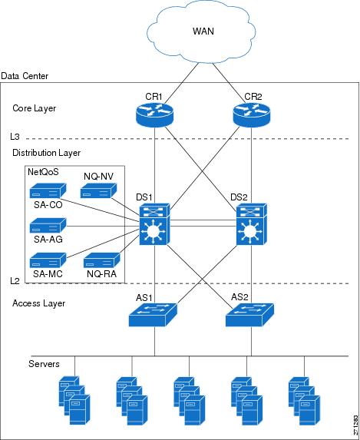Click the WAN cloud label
[x=203, y=31]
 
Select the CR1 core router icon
[x=154, y=114]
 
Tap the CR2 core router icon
[x=252, y=114]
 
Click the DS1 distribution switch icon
[x=154, y=224]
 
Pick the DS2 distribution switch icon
[x=252, y=224]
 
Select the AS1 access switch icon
[x=153, y=315]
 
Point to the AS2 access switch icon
[x=249, y=315]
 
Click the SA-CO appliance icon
[x=48, y=190]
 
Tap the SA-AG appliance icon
[x=48, y=225]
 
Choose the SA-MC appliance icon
[x=48, y=260]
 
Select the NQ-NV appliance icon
[x=98, y=190]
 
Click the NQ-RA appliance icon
[x=102, y=260]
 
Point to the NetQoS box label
[x=43, y=172]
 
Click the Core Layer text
[x=35, y=108]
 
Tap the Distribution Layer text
[x=47, y=153]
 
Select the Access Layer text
[x=38, y=303]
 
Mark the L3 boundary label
[x=15, y=137]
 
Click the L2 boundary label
[x=15, y=280]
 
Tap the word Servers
[x=44, y=364]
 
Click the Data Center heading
[x=25, y=76]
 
